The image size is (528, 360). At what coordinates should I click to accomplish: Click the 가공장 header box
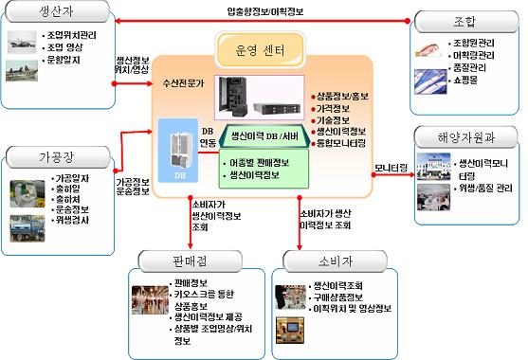46,156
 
